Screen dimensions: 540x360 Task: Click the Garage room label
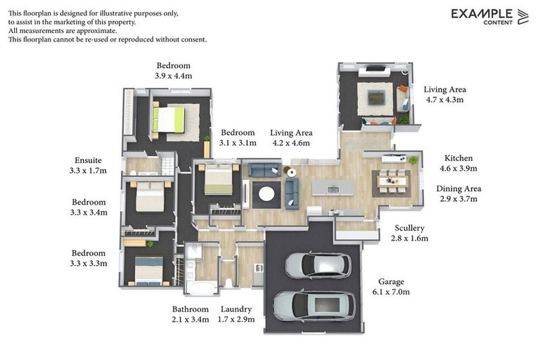(x=391, y=282)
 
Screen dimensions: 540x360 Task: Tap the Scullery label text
(x=409, y=228)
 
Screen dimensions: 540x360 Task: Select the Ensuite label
(x=88, y=160)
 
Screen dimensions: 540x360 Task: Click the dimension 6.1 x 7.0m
(x=391, y=292)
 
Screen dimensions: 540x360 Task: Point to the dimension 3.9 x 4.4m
(x=173, y=76)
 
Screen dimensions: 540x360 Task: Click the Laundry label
(x=236, y=309)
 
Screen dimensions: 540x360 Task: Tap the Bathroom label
(x=190, y=309)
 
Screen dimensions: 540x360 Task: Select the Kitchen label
(x=458, y=158)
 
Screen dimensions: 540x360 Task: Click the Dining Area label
(x=458, y=188)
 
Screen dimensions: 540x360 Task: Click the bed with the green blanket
(x=169, y=120)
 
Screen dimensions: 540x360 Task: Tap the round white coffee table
(x=266, y=194)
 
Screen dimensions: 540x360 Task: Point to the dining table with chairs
(x=392, y=181)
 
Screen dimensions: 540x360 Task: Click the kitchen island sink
(x=333, y=189)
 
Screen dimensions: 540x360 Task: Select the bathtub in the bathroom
(x=202, y=288)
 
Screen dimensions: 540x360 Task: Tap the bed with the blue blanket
(x=149, y=270)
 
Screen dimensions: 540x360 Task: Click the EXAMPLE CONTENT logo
(x=489, y=17)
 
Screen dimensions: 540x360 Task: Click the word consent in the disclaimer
(x=193, y=39)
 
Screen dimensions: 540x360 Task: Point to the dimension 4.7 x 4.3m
(x=444, y=100)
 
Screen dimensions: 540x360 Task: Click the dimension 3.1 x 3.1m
(x=238, y=143)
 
